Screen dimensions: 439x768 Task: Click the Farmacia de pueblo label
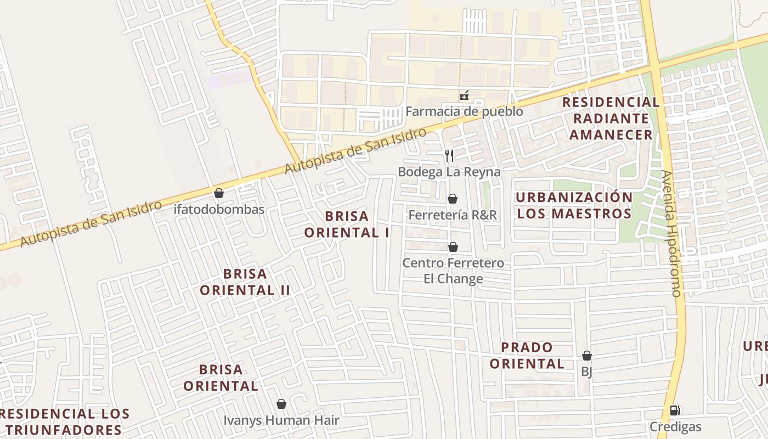pyautogui.click(x=464, y=111)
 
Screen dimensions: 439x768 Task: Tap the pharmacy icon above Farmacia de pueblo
pyautogui.click(x=464, y=96)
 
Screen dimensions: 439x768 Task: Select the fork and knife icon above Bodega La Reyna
pyautogui.click(x=449, y=156)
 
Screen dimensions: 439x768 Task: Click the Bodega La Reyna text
pyautogui.click(x=449, y=172)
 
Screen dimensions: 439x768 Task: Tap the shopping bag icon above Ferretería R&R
pyautogui.click(x=453, y=199)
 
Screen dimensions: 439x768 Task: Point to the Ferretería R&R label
pyautogui.click(x=453, y=215)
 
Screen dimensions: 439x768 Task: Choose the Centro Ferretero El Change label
pyautogui.click(x=453, y=271)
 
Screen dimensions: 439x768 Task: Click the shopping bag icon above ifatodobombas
pyautogui.click(x=219, y=193)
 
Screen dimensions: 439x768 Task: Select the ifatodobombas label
pyautogui.click(x=219, y=209)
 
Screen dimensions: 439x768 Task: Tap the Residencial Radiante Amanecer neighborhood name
pyautogui.click(x=611, y=119)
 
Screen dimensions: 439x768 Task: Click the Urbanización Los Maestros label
pyautogui.click(x=574, y=205)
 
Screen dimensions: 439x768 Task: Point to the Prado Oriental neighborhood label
pyautogui.click(x=527, y=355)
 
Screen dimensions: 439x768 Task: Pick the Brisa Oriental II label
pyautogui.click(x=245, y=282)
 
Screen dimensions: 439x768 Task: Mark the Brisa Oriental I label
pyautogui.click(x=347, y=224)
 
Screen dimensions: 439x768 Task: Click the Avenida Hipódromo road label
pyautogui.click(x=671, y=233)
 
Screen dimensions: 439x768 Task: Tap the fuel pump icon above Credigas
pyautogui.click(x=675, y=410)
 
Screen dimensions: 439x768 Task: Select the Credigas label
pyautogui.click(x=675, y=426)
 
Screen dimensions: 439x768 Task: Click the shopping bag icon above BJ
pyautogui.click(x=587, y=356)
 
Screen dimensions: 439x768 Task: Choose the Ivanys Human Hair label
pyautogui.click(x=281, y=420)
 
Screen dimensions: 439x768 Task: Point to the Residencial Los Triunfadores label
pyautogui.click(x=65, y=421)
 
